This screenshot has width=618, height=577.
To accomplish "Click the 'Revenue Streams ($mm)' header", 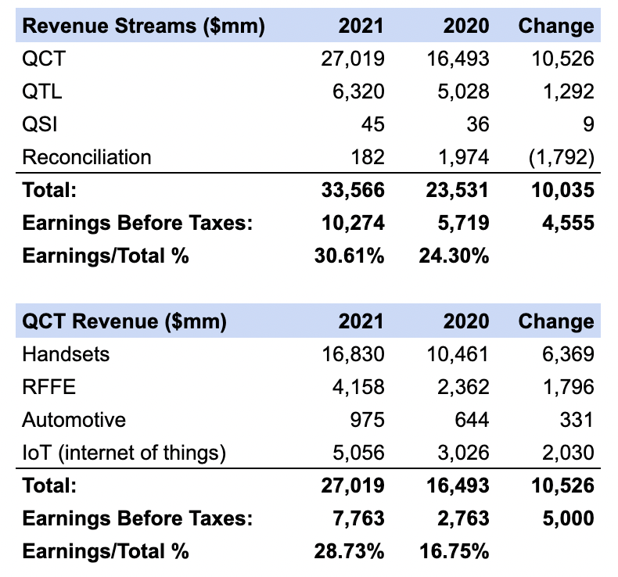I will (143, 26).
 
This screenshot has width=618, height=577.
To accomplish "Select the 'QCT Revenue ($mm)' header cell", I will (124, 321).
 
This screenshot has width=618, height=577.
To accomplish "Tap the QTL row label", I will (42, 91).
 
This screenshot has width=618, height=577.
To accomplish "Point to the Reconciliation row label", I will (87, 157).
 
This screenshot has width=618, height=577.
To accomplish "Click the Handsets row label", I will (66, 354).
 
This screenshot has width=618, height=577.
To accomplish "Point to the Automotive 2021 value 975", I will (367, 420).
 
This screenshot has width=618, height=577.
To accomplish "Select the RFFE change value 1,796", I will (569, 387).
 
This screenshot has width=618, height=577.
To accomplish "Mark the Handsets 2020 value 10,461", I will (459, 354).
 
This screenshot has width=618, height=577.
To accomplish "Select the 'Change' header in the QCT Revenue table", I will (555, 321).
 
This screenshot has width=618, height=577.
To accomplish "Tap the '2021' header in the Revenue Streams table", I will (361, 26).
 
